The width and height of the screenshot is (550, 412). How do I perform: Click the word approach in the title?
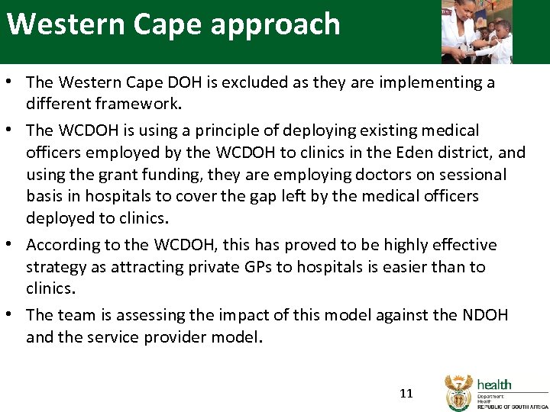(275, 24)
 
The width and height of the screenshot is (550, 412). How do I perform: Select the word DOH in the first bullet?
(194, 82)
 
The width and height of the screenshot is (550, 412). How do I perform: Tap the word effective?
(461, 245)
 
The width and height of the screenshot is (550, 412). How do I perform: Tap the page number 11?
(406, 394)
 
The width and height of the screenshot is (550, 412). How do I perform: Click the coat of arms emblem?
(458, 392)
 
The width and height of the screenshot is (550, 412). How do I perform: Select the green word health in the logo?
(494, 385)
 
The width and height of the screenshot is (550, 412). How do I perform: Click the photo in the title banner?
(477, 31)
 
